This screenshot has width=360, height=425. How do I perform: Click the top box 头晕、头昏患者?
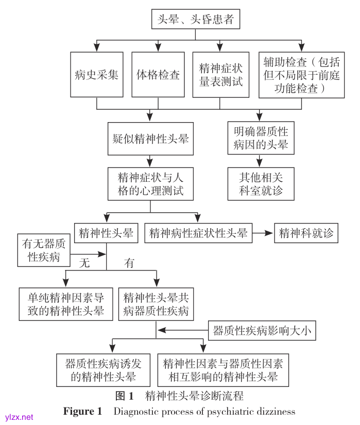195,20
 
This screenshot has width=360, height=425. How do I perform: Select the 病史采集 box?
97,75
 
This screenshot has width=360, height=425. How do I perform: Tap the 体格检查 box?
158,75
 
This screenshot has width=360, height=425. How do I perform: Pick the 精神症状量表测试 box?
220,75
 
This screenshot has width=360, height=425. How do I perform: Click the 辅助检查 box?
301,75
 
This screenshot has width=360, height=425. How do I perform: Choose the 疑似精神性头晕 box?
150,139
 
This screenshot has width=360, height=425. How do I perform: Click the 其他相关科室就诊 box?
261,184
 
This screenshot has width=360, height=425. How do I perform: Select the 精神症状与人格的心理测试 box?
150,184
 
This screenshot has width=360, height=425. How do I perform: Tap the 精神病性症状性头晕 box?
198,233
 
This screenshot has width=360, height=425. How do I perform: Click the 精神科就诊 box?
306,233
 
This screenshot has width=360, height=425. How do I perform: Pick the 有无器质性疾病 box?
44,250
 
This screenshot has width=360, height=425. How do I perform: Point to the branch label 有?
129,263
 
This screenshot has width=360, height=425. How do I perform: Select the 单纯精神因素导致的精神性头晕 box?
66,304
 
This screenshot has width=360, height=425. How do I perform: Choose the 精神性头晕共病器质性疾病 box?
156,304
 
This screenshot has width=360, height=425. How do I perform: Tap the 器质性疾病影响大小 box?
262,330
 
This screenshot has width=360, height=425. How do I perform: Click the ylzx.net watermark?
19,417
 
